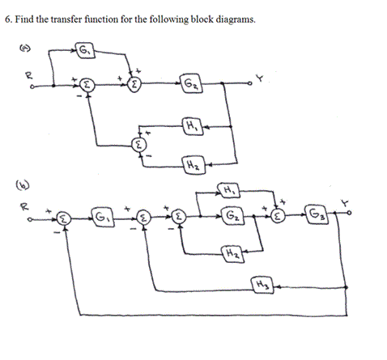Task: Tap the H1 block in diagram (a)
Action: click(x=191, y=126)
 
